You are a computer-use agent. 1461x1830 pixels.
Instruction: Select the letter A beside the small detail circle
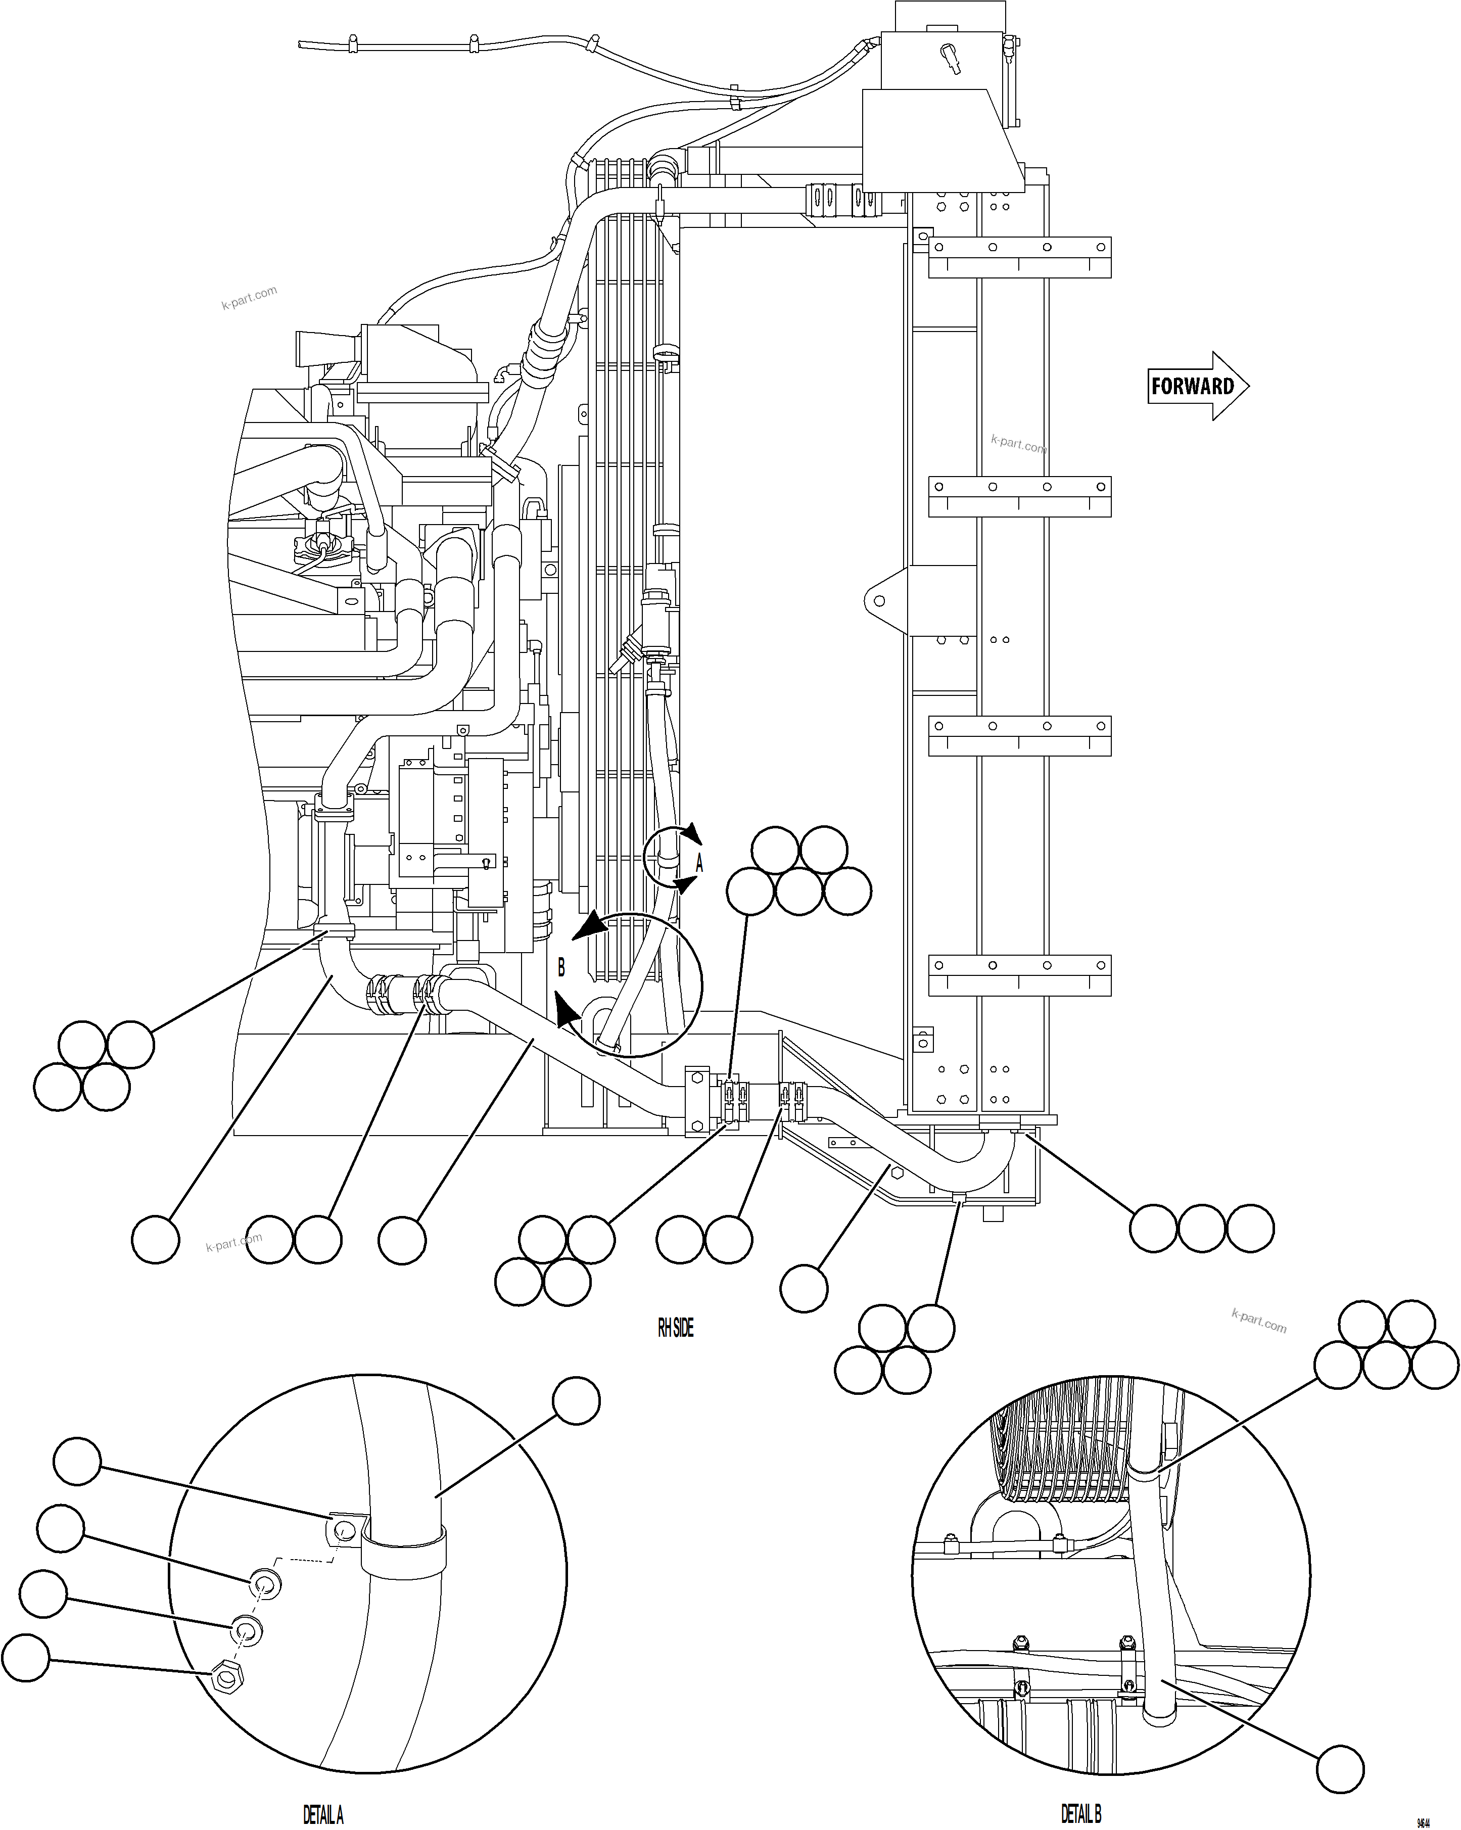[x=699, y=864]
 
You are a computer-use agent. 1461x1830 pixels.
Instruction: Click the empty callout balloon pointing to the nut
[x=25, y=1657]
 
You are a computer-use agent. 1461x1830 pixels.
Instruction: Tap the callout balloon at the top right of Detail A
[x=577, y=1400]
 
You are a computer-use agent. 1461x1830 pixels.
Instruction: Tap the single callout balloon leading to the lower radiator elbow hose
[x=803, y=1288]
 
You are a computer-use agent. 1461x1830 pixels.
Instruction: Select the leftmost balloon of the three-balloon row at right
[x=1153, y=1228]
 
